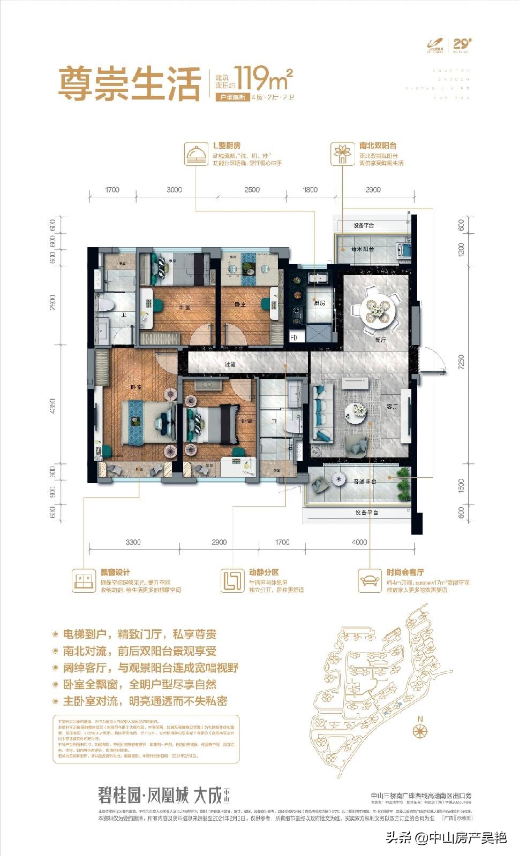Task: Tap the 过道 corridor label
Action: pyautogui.click(x=230, y=364)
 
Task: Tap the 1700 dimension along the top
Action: pyautogui.click(x=112, y=189)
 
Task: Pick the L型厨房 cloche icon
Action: pyautogui.click(x=194, y=153)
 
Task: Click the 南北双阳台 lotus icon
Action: pyautogui.click(x=341, y=153)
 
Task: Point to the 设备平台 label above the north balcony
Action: pyautogui.click(x=364, y=225)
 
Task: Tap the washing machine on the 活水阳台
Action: pyautogui.click(x=402, y=250)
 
